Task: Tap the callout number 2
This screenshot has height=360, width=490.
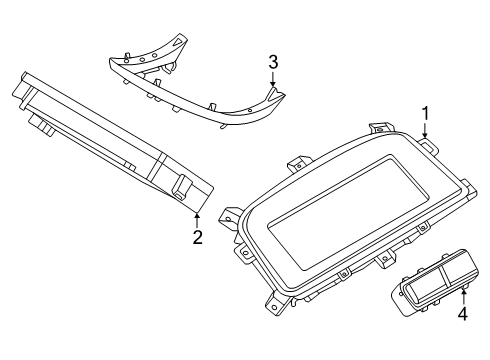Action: (198, 237)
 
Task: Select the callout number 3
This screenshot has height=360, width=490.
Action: (272, 64)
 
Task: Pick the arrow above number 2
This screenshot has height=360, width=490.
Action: (198, 218)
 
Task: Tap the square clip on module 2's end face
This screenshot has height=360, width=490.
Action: (186, 187)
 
